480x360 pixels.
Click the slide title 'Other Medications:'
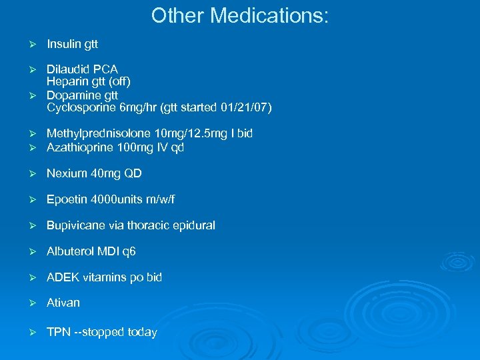pos(239,15)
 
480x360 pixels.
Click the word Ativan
pos(63,303)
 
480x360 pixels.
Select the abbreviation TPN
pos(59,332)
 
